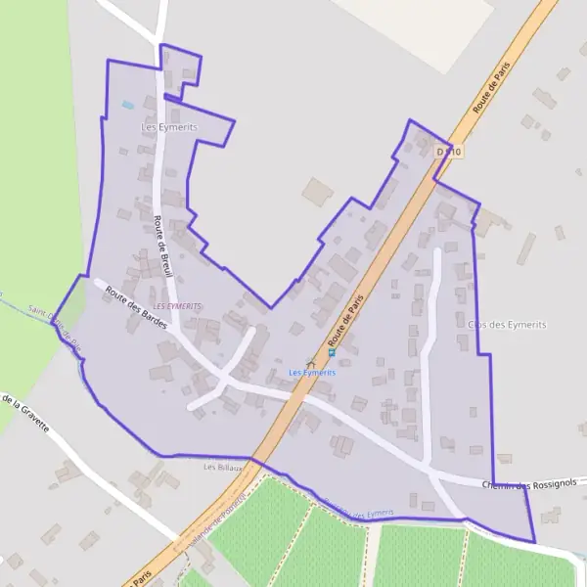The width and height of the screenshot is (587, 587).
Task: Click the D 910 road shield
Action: pyautogui.click(x=449, y=152)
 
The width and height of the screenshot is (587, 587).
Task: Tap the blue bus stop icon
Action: pyautogui.click(x=332, y=352)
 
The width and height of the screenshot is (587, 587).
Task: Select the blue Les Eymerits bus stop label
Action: pyautogui.click(x=312, y=373)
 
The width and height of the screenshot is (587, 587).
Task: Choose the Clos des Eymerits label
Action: pyautogui.click(x=507, y=324)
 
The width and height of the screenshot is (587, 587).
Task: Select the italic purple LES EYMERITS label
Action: pyautogui.click(x=177, y=305)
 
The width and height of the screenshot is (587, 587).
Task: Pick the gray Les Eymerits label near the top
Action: pyautogui.click(x=169, y=127)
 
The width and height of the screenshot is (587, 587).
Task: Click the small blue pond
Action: pyautogui.click(x=128, y=104)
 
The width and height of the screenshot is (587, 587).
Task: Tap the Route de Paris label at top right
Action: pyautogui.click(x=492, y=88)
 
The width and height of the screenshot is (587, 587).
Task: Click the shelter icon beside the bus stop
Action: pyautogui.click(x=312, y=361)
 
